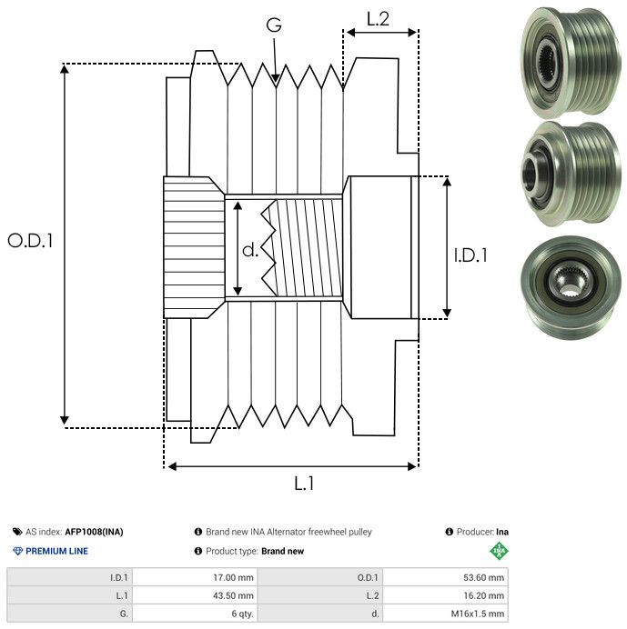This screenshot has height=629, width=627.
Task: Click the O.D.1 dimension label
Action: click(31, 241)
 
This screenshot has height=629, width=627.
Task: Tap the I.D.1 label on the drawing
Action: click(470, 255)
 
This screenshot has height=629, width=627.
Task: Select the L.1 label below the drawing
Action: click(304, 484)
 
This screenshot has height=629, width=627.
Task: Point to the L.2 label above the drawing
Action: click(378, 18)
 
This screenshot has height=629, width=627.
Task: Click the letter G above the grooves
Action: click(274, 26)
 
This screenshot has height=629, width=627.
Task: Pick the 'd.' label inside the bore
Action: click(250, 250)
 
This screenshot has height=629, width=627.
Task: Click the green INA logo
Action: click(499, 551)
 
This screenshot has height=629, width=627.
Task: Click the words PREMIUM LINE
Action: click(57, 551)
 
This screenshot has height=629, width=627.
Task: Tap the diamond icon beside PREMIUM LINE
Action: click(17, 551)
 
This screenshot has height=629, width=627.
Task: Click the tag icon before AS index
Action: click(17, 532)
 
